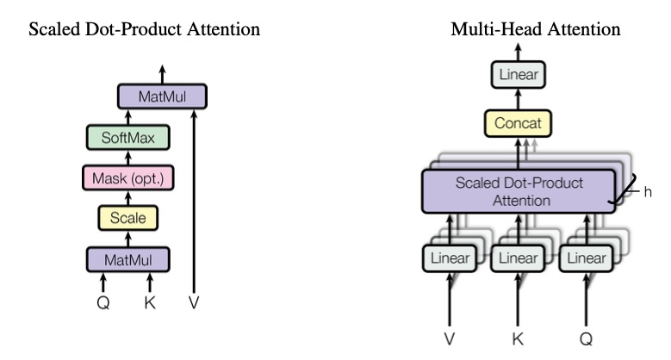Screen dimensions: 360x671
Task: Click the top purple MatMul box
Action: pyautogui.click(x=162, y=96)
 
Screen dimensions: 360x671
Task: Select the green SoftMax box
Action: pyautogui.click(x=128, y=138)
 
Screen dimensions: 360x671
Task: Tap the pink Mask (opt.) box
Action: pyautogui.click(x=128, y=178)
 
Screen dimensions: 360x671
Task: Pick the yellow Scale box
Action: pyautogui.click(x=128, y=218)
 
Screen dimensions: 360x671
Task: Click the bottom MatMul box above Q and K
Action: pyautogui.click(x=128, y=259)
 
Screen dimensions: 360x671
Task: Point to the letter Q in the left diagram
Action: pyautogui.click(x=103, y=303)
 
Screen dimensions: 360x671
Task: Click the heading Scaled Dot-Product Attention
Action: pyautogui.click(x=145, y=30)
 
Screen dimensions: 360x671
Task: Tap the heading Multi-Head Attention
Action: pyautogui.click(x=536, y=30)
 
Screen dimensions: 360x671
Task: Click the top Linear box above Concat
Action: pyautogui.click(x=519, y=75)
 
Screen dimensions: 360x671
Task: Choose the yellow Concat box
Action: pyautogui.click(x=519, y=123)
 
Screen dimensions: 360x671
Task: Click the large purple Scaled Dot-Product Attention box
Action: pyautogui.click(x=519, y=191)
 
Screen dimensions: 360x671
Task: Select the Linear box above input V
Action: pyautogui.click(x=449, y=258)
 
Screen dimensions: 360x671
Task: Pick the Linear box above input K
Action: pyautogui.click(x=519, y=258)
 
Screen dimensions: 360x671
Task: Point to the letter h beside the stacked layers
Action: pyautogui.click(x=648, y=192)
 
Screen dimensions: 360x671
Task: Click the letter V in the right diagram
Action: pyautogui.click(x=449, y=338)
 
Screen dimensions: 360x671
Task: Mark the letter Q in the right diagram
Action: pyautogui.click(x=586, y=338)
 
